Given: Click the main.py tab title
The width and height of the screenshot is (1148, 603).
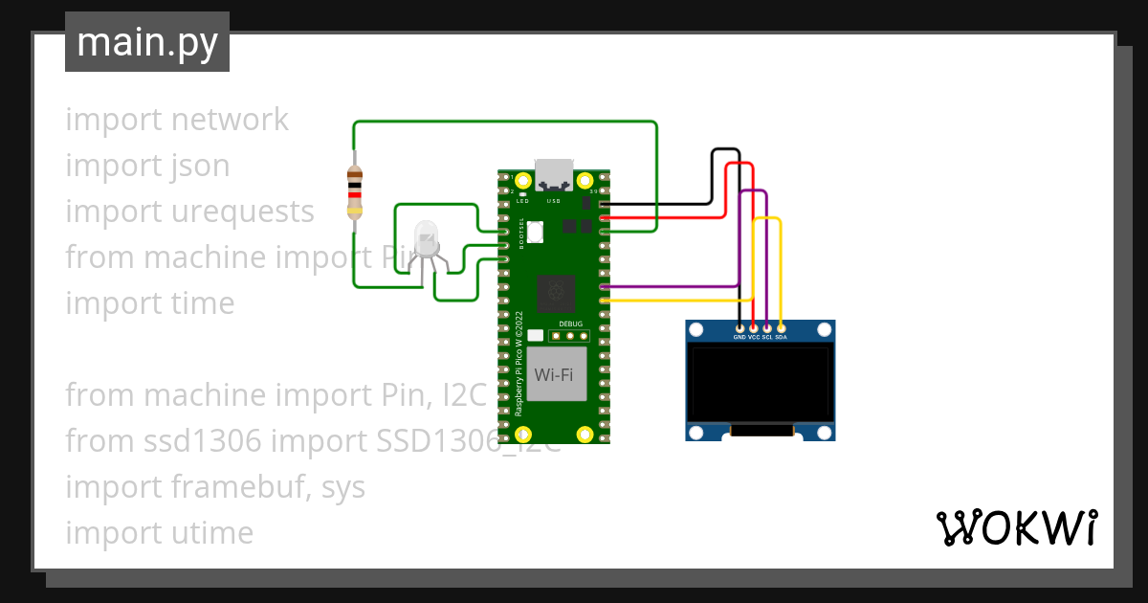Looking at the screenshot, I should [x=146, y=42].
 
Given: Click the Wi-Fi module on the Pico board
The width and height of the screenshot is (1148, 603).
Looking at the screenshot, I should [x=555, y=374].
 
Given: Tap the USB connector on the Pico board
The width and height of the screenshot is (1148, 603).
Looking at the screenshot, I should [x=554, y=175].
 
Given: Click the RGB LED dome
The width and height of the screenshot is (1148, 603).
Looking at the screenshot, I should [x=425, y=236].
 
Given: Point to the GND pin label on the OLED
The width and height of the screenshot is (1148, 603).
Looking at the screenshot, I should [x=740, y=337].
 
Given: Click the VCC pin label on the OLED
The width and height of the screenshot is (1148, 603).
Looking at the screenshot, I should [x=754, y=337].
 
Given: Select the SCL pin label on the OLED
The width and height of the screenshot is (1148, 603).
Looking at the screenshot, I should [x=767, y=337].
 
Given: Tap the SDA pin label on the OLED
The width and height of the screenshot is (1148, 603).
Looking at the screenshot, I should [x=782, y=337].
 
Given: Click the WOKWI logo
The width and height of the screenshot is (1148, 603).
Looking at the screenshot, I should [x=1016, y=527].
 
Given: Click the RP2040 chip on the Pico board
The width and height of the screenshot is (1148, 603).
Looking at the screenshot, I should [x=555, y=293].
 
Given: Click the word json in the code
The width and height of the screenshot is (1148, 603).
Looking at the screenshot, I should [x=201, y=166].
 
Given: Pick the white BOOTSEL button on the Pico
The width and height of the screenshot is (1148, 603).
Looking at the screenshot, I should [x=535, y=231].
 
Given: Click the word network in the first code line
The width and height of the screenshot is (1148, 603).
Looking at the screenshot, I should [x=230, y=120].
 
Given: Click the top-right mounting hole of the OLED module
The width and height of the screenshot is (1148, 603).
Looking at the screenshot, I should [x=823, y=331].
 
